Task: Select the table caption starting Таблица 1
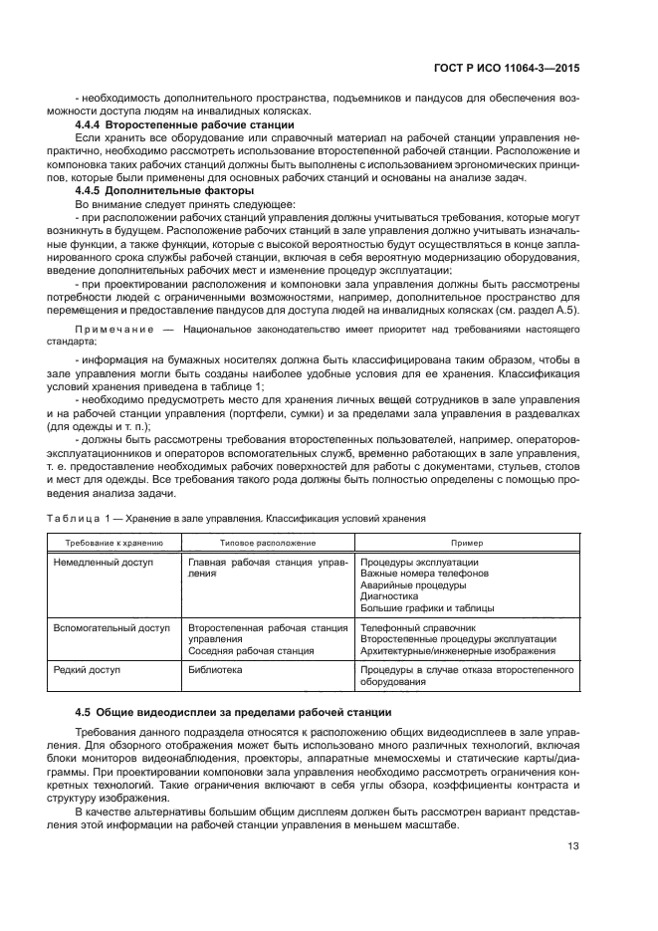click(x=237, y=518)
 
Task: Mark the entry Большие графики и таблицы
click(x=426, y=607)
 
